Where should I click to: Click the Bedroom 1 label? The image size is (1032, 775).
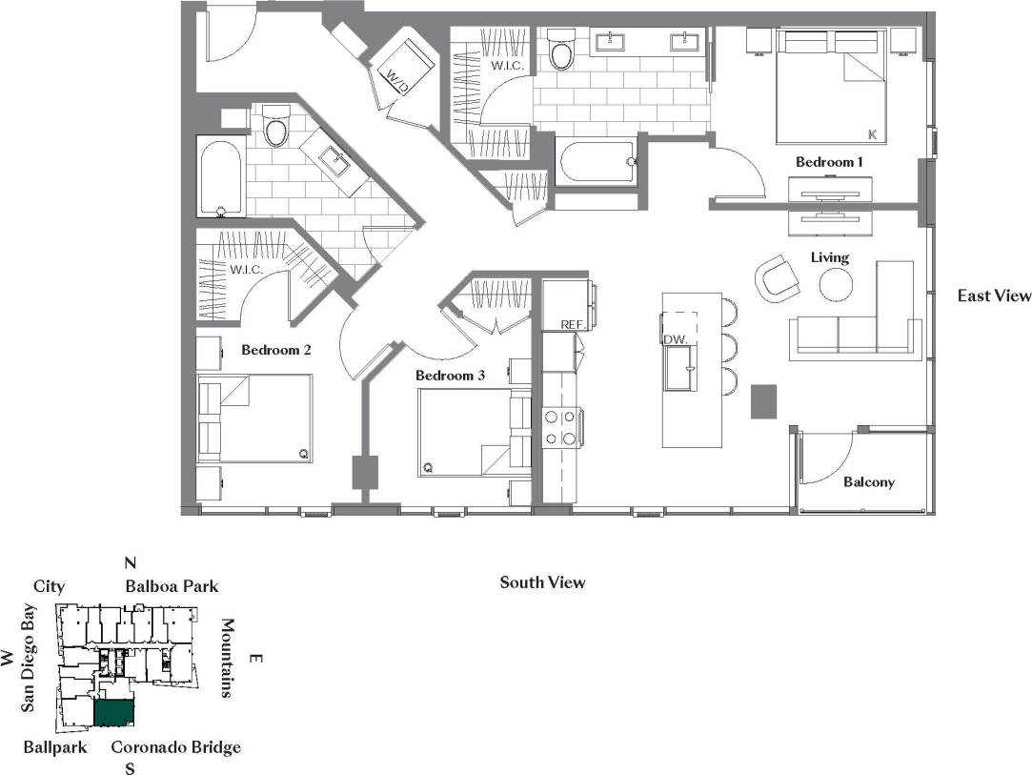click(x=829, y=162)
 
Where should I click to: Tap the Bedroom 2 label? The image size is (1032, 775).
click(x=276, y=350)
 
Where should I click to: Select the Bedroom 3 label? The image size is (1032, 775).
click(x=451, y=376)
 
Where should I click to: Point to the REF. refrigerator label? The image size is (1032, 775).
click(x=572, y=325)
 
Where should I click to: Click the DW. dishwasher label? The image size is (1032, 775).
click(x=676, y=338)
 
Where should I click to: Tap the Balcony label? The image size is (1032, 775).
click(x=869, y=481)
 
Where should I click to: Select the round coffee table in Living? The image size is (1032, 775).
click(x=836, y=284)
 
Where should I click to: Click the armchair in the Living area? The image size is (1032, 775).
click(x=777, y=278)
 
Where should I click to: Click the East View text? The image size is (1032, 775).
click(x=994, y=296)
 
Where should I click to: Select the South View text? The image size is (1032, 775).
click(x=542, y=581)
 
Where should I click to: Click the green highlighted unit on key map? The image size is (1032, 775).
click(x=113, y=714)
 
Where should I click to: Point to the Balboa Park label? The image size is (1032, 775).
click(x=172, y=586)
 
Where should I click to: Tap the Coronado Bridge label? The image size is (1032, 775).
click(x=175, y=747)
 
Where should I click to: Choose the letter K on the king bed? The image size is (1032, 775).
click(x=871, y=133)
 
